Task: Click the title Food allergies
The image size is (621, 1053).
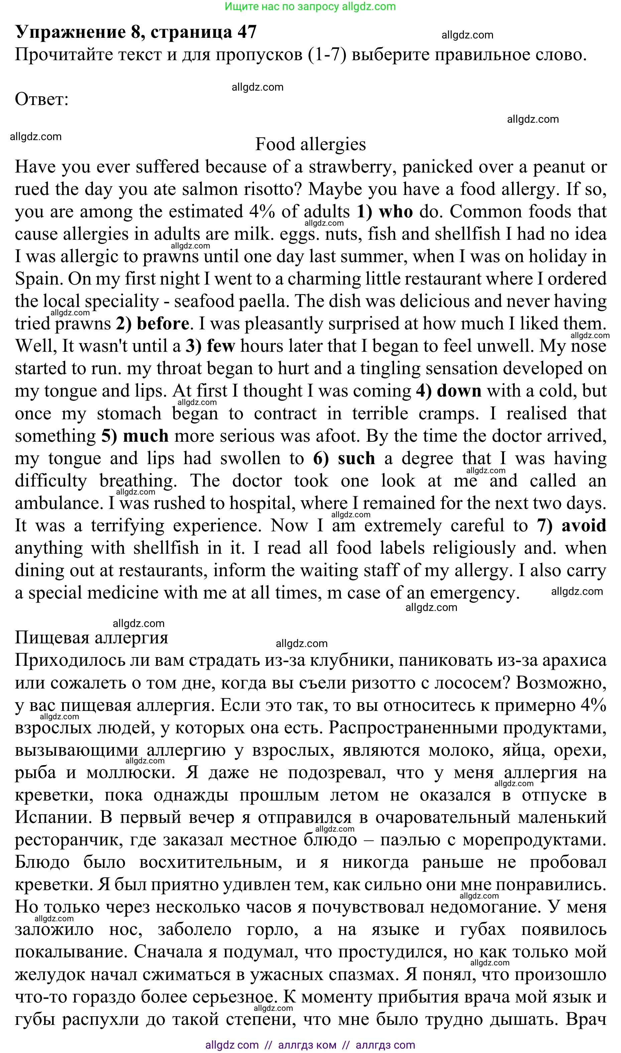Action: pos(310,144)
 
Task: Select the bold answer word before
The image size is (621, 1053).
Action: pos(163,324)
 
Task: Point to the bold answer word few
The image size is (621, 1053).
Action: pos(221,346)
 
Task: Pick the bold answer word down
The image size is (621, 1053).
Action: pos(459,391)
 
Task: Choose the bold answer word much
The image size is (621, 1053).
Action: pos(146,436)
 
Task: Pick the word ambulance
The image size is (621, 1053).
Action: pos(58,503)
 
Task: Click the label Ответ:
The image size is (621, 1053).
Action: pos(41,100)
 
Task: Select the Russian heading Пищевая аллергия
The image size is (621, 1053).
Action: pos(91,638)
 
